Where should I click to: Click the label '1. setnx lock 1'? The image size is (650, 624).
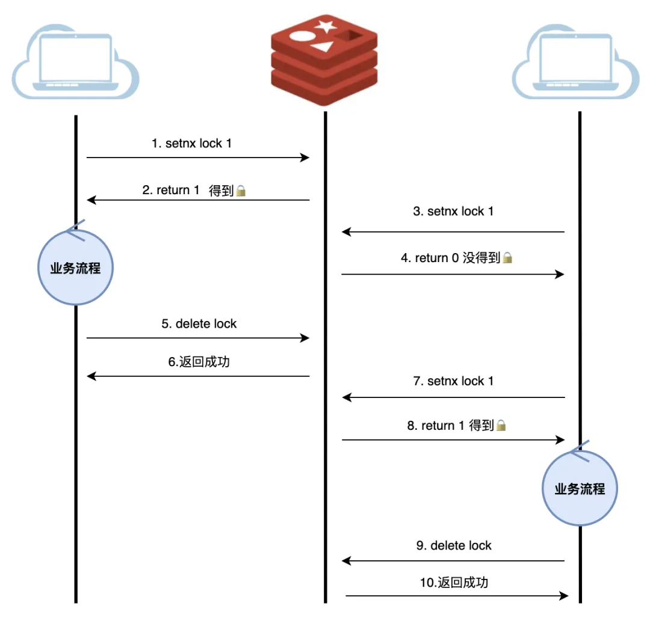pyautogui.click(x=191, y=144)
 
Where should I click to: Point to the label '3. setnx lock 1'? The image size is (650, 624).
pyautogui.click(x=453, y=212)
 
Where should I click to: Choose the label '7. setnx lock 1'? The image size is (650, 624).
pyautogui.click(x=453, y=381)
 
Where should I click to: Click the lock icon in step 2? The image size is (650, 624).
pyautogui.click(x=241, y=191)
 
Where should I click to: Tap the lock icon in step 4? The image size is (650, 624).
pyautogui.click(x=508, y=258)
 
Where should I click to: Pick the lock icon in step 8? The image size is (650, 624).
pyautogui.click(x=501, y=426)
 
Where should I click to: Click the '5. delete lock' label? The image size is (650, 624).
pyautogui.click(x=199, y=324)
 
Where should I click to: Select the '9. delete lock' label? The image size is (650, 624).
pyautogui.click(x=454, y=546)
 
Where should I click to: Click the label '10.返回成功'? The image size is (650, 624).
pyautogui.click(x=454, y=582)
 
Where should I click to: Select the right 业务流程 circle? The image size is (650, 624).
pyautogui.click(x=580, y=489)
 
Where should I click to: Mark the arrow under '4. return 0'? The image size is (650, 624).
pyautogui.click(x=453, y=274)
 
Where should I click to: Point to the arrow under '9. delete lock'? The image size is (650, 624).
pyautogui.click(x=453, y=561)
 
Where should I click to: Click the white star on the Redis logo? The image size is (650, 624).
pyautogui.click(x=326, y=26)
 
